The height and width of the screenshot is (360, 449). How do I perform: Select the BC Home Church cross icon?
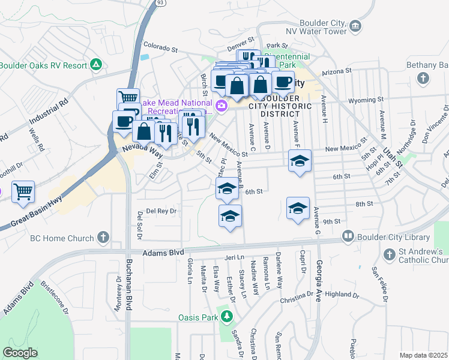tap(103, 237)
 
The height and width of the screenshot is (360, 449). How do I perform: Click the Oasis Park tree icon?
tap(226, 316)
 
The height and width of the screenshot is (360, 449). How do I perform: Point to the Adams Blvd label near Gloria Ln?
tap(163, 253)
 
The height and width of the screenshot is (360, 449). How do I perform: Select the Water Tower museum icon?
tap(355, 26)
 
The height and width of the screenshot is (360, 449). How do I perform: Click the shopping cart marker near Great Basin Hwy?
tap(23, 192)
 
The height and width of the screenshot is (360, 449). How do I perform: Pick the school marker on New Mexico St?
tap(300, 161)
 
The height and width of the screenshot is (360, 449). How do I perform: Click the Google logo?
tap(20, 352)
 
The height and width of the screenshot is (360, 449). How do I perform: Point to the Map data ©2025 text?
tap(424, 355)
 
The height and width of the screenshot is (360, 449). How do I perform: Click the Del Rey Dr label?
tap(159, 211)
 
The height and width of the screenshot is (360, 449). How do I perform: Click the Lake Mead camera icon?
tap(221, 106)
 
